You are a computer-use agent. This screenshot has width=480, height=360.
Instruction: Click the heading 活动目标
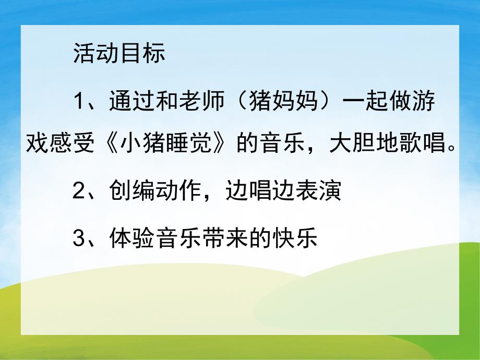119,54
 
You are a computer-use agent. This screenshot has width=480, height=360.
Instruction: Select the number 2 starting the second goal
79,191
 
